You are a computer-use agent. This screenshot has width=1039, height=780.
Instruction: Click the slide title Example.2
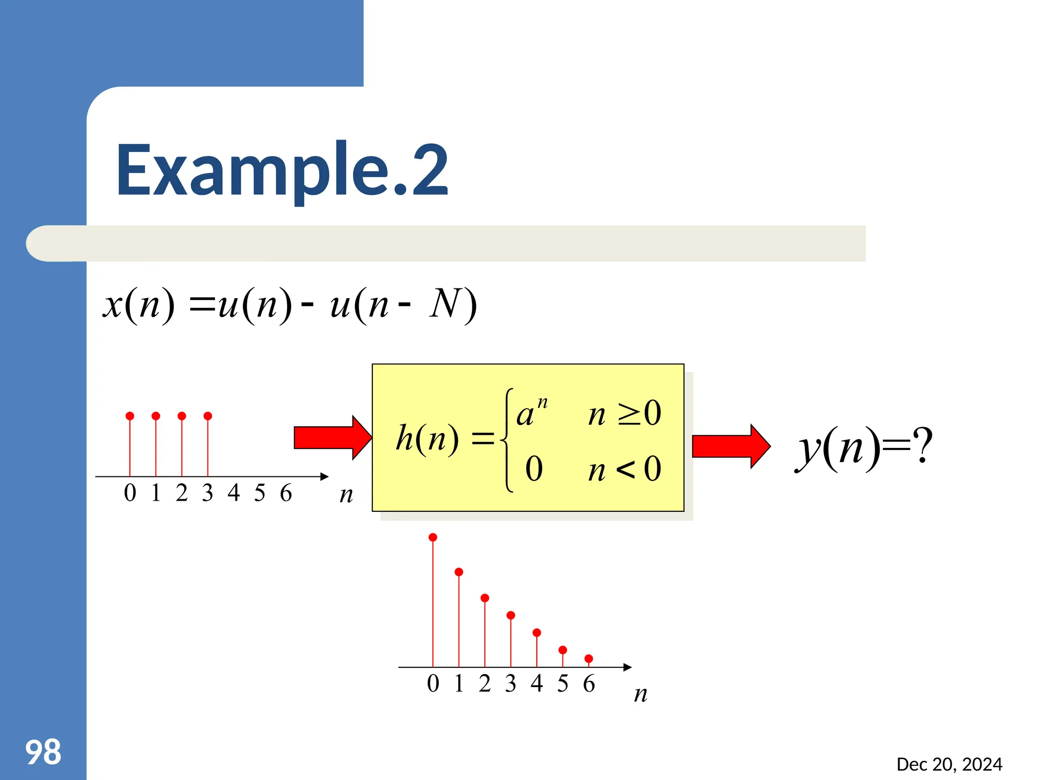282,170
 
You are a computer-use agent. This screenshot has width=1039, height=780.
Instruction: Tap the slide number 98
43,752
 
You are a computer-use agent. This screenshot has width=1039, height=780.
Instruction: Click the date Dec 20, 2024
949,764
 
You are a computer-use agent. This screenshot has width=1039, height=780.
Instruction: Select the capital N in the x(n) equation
445,303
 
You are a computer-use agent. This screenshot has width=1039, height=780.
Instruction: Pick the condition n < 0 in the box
625,469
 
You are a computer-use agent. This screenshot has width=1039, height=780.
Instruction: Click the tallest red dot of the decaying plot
433,537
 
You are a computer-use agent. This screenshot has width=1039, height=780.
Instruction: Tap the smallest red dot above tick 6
588,659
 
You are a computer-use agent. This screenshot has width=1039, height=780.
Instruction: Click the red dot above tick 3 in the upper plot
207,416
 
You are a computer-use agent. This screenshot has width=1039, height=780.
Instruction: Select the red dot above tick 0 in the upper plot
130,416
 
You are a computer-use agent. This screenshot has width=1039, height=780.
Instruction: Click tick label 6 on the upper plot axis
286,493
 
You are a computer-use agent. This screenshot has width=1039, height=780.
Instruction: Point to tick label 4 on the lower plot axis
537,683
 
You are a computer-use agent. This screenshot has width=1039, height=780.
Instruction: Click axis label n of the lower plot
641,694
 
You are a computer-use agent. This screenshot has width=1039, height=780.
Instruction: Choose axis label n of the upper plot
346,494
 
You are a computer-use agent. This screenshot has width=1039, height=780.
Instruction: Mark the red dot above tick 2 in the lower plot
484,598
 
